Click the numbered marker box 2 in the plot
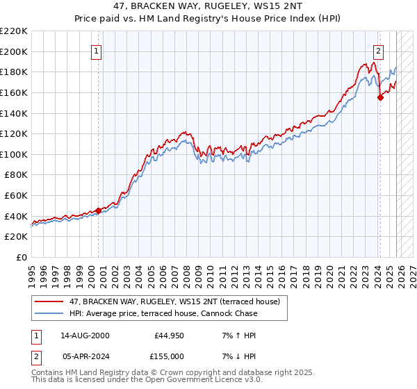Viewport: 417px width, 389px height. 379,50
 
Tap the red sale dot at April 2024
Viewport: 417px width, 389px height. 380,98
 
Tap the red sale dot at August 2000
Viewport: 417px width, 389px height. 98,211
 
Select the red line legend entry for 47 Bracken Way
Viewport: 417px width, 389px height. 174,301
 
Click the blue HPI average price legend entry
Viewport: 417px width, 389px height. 163,313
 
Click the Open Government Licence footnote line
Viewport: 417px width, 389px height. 146,381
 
